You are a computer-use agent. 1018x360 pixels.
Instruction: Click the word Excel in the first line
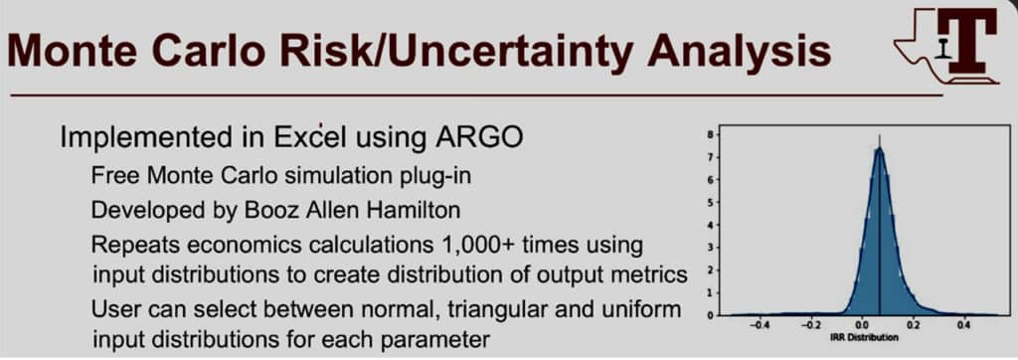[x=309, y=137]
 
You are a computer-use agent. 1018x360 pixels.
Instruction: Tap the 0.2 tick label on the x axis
[x=913, y=327]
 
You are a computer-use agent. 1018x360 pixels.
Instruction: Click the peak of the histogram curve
[x=880, y=149]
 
